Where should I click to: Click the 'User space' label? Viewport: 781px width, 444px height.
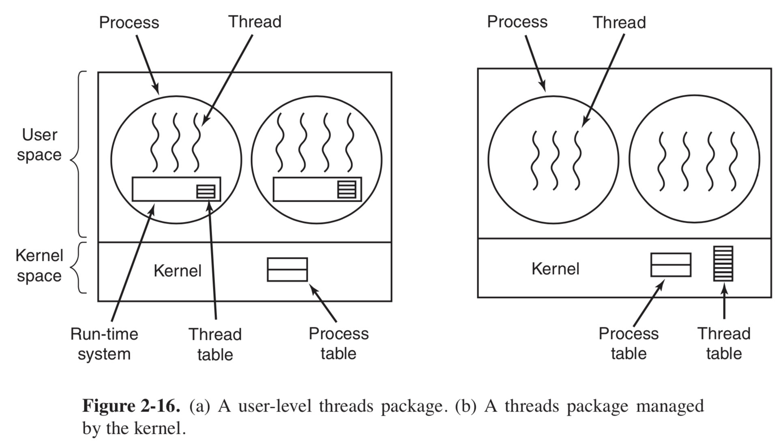click(39, 145)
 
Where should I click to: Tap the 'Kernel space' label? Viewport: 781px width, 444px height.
click(39, 266)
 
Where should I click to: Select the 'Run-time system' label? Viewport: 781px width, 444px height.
click(104, 344)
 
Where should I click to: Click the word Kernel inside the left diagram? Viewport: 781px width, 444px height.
click(177, 271)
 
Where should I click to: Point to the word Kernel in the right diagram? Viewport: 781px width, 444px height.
click(555, 269)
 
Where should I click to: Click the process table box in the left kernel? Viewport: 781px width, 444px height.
click(287, 269)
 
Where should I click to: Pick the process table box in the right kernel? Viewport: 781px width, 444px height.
click(671, 265)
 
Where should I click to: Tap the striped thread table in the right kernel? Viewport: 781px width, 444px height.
click(723, 263)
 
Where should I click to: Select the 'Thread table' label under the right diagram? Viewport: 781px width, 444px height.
click(724, 344)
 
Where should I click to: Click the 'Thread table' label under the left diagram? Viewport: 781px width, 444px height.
click(215, 344)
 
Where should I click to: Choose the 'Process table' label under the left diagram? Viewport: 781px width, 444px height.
click(339, 344)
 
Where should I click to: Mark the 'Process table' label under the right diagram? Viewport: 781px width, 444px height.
click(629, 344)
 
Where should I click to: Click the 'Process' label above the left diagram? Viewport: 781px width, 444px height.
click(129, 23)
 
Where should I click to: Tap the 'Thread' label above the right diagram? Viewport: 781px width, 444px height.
click(619, 23)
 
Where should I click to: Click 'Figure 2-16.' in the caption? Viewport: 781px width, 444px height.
click(131, 406)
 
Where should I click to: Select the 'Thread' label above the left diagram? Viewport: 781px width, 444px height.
click(255, 22)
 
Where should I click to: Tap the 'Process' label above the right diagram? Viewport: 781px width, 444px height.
click(517, 22)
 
